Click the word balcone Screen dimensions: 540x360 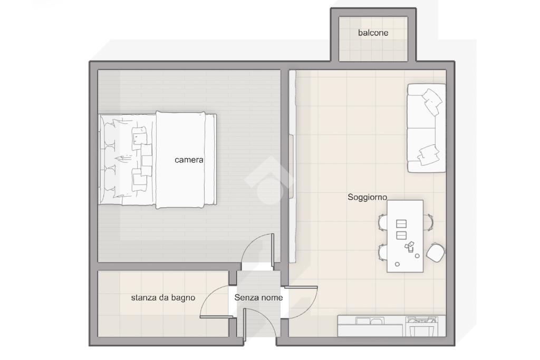point(373,33)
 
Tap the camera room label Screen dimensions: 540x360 point(189,160)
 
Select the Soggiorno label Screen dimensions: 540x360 point(367,198)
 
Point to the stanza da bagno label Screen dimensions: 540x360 point(163,298)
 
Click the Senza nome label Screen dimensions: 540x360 point(258,297)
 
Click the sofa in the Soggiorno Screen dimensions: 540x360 point(426,128)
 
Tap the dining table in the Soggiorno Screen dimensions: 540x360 point(405,236)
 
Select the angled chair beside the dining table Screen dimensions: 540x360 point(435,252)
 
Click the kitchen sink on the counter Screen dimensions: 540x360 point(369,321)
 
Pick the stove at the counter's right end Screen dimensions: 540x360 point(422,326)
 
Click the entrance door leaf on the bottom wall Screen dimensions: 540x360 point(244,326)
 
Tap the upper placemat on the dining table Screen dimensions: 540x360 point(401,224)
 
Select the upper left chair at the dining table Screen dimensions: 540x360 point(383,222)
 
